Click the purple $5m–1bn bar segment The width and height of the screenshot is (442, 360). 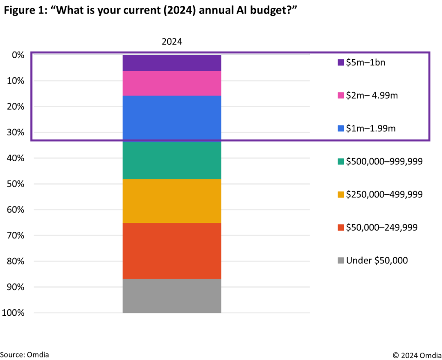pos(172,63)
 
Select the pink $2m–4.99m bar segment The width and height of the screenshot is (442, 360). pos(172,83)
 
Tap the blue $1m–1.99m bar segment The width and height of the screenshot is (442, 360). pos(172,118)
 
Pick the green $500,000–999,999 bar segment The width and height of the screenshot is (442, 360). pos(172,160)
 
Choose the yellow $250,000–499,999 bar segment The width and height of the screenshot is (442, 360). pos(172,201)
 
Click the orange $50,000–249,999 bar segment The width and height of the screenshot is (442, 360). pos(172,251)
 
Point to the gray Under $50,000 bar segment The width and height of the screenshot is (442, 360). pos(172,296)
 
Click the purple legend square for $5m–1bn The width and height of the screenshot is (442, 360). pos(341,63)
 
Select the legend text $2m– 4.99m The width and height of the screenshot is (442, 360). pos(372,95)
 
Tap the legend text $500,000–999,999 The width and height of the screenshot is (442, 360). pos(384,161)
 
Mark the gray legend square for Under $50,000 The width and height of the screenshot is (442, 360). pos(341,261)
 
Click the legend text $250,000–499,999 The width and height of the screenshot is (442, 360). pos(384,194)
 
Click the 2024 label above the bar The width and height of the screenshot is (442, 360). pos(172,41)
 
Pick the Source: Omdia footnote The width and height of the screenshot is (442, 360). pos(25,354)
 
